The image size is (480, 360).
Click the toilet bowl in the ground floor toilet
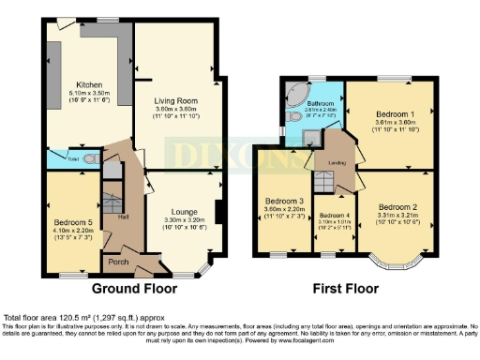click(88, 158)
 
